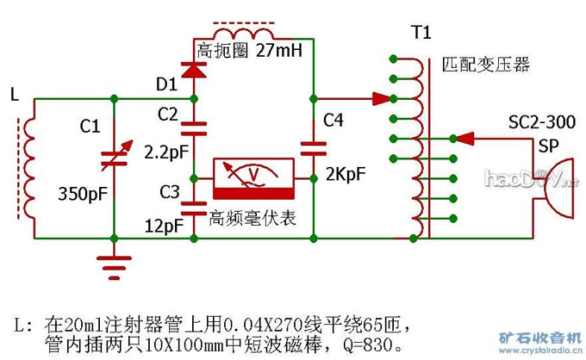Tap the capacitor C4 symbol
point(313,146)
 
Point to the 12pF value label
point(164,226)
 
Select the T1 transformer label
point(420,34)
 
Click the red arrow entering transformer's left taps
point(371,98)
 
